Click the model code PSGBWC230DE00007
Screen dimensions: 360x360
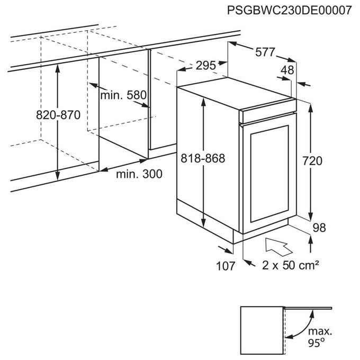pos(289,11)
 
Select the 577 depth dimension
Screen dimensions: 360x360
pos(265,52)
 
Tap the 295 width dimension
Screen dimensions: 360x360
pos(206,66)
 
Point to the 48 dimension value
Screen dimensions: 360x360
pos(287,70)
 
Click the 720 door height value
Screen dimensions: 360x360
pos(312,161)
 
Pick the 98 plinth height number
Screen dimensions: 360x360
pos(319,228)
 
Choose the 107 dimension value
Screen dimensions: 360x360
pos(226,266)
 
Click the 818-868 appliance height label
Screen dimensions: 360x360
pos(203,158)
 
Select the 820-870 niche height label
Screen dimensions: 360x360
pos(58,115)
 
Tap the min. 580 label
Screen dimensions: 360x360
pos(123,95)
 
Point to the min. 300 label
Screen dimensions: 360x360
pos(139,174)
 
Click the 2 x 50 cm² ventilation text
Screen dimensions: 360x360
pos(291,266)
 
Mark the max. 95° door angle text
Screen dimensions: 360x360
pos(320,337)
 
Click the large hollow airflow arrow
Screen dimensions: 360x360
pos(278,247)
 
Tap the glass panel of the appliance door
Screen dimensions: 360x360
pos(269,174)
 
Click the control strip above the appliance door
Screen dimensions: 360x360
pos(268,111)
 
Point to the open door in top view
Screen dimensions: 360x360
pos(308,308)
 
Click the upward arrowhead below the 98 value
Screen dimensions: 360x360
pos(310,240)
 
